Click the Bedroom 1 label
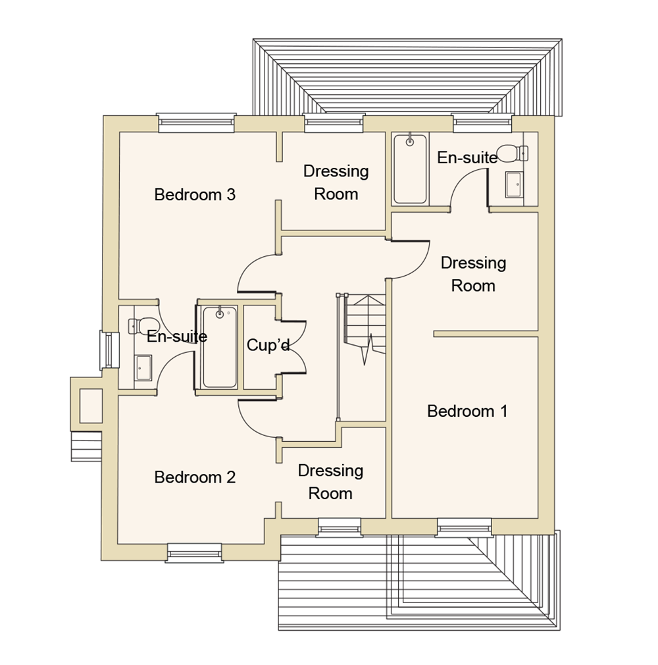tap(467, 412)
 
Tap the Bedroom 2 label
tap(195, 477)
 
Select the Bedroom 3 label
tap(195, 195)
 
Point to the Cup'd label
tap(268, 345)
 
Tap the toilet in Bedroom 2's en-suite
tap(136, 325)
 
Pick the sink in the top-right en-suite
tap(514, 184)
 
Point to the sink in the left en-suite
tap(143, 368)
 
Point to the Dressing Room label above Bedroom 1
tap(473, 275)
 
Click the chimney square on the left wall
tap(91, 406)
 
